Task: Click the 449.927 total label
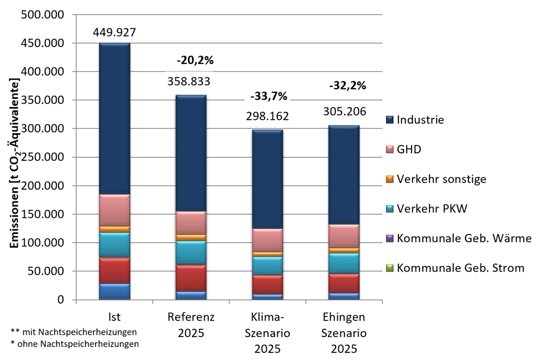pos(114,32)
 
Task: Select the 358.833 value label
pos(189,81)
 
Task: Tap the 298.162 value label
pos(267,117)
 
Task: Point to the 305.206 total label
pos(345,111)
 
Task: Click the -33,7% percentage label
pos(268,96)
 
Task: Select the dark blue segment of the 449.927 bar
pos(114,119)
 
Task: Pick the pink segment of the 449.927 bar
pos(114,210)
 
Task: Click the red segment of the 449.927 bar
pos(114,270)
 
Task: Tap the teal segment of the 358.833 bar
pos(191,252)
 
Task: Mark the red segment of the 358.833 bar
pos(191,278)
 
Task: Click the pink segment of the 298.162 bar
pos(267,240)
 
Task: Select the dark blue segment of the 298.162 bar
pos(267,179)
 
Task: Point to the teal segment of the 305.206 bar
pos(344,263)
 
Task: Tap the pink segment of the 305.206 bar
pos(344,236)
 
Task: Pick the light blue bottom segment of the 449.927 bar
pos(114,291)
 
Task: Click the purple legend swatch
pos(390,239)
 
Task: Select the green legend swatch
pos(390,268)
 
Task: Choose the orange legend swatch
pos(390,179)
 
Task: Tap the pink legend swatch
pos(390,149)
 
